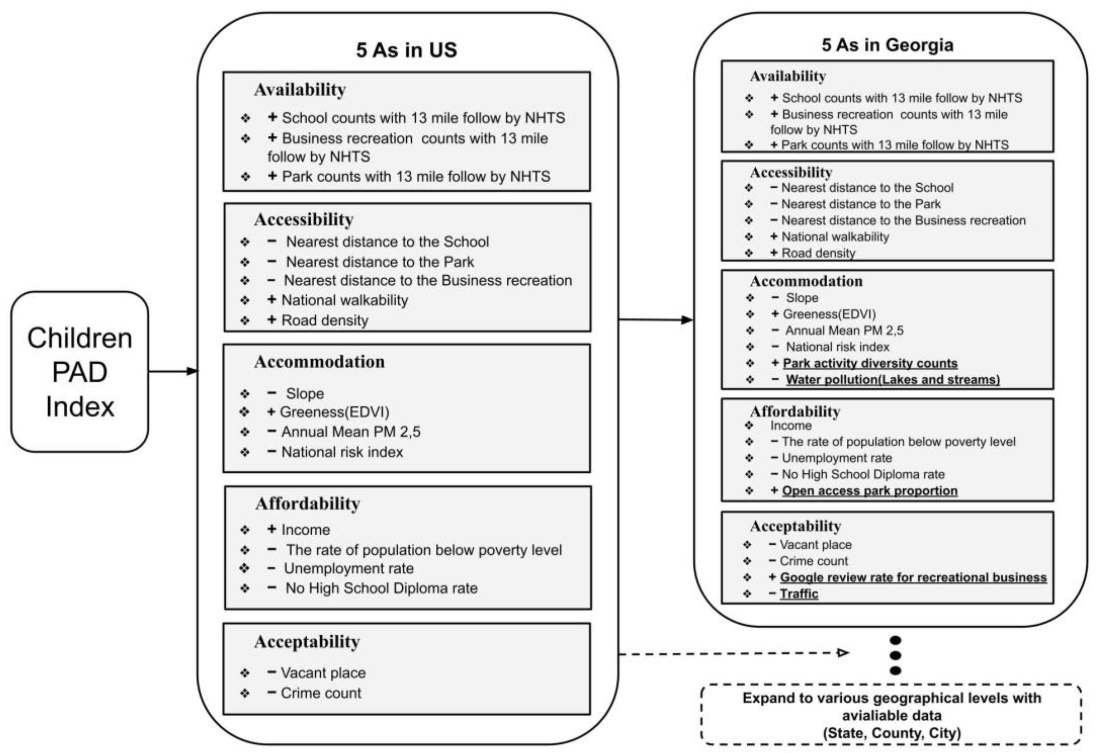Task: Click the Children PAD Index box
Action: pos(79,372)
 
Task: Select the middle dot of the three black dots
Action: pos(895,655)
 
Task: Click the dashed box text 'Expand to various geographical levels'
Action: pos(892,698)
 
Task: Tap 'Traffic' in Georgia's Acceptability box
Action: pos(799,593)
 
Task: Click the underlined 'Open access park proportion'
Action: pos(870,491)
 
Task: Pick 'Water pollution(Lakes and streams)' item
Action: pos(892,380)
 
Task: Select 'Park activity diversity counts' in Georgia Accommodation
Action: pos(870,363)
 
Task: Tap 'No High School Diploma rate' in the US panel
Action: pos(381,588)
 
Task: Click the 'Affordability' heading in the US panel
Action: pos(308,504)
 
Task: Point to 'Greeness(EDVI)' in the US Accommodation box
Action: pos(334,412)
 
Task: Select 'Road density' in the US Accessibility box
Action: pos(325,320)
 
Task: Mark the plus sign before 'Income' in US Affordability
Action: pos(272,529)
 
